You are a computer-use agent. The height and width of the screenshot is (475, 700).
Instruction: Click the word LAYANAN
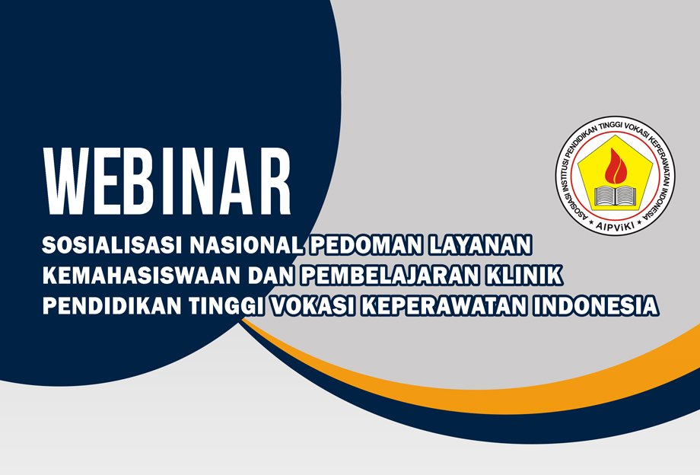click(x=490, y=246)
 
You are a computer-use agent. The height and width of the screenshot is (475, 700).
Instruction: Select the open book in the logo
click(x=615, y=195)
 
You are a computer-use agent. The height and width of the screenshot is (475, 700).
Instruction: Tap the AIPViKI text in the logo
click(x=615, y=225)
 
